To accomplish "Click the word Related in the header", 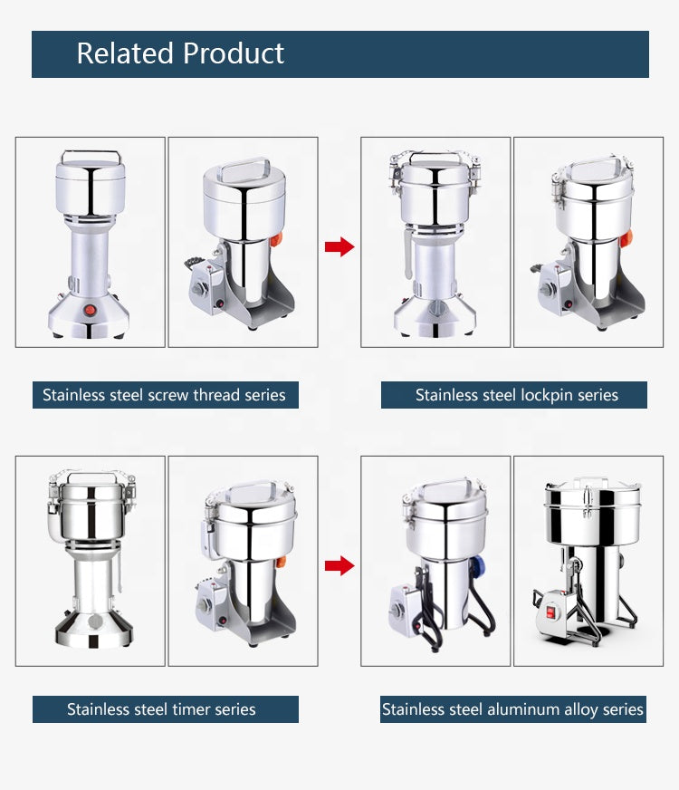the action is click(124, 53).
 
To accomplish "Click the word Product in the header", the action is click(234, 53).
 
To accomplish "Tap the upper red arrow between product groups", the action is click(339, 246).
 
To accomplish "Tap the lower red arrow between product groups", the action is click(339, 565).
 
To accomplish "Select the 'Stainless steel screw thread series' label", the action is click(165, 394).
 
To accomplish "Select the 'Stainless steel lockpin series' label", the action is click(514, 394).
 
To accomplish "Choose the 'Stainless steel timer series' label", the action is click(165, 709).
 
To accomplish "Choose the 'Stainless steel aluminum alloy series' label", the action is click(513, 709).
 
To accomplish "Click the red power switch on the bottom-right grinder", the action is click(550, 612).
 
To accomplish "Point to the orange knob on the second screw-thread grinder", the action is click(276, 239).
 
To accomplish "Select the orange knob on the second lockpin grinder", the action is click(626, 238).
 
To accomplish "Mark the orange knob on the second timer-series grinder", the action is click(281, 562).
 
